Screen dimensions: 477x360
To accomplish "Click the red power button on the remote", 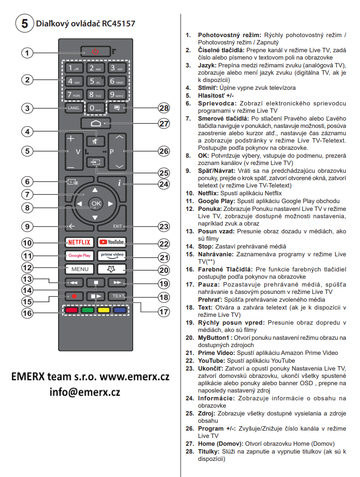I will coord(95,51).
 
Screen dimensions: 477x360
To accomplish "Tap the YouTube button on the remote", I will coord(112,242).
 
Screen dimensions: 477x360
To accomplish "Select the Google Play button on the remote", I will coord(79,255).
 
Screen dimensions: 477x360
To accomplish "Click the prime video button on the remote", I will coord(112,255).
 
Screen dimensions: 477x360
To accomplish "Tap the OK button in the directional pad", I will coord(95,203).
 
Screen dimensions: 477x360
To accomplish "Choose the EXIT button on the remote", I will coord(118,226).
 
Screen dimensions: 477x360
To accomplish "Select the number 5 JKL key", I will coord(95,82).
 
